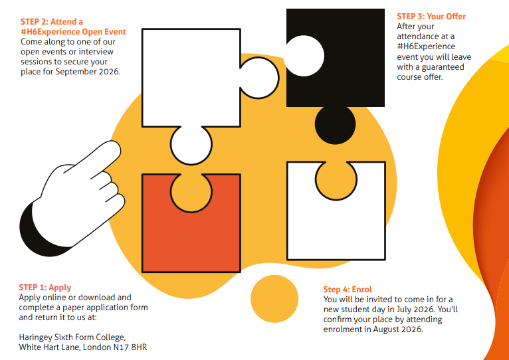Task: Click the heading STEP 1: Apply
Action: pyautogui.click(x=45, y=288)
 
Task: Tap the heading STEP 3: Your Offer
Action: pyautogui.click(x=431, y=17)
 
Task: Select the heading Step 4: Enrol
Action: pyautogui.click(x=348, y=289)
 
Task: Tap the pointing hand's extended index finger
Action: pyautogui.click(x=98, y=159)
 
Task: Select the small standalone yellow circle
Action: pyautogui.click(x=274, y=299)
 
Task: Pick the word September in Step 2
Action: pyautogui.click(x=76, y=72)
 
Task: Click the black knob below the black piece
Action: pyautogui.click(x=336, y=125)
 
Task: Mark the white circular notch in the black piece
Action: pyautogui.click(x=304, y=56)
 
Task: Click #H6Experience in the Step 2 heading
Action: pyautogui.click(x=51, y=32)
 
